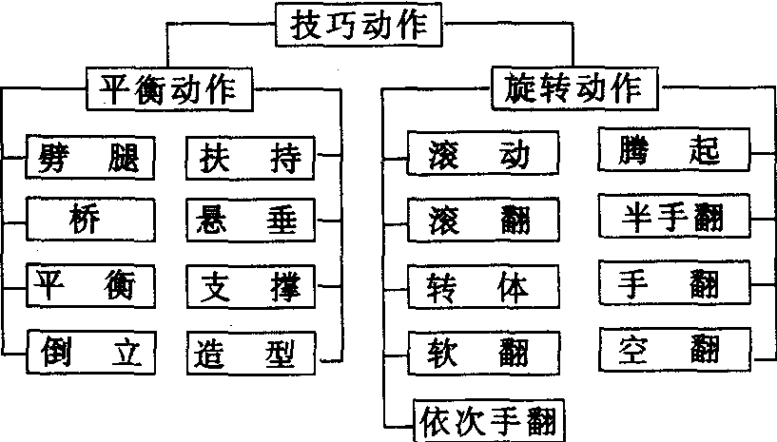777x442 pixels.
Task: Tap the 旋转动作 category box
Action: point(571,89)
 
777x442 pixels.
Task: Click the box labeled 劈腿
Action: point(90,159)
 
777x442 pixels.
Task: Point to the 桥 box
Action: point(90,221)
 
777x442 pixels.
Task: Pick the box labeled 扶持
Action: point(252,159)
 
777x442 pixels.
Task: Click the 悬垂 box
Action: point(252,221)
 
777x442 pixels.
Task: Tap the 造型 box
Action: point(252,355)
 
